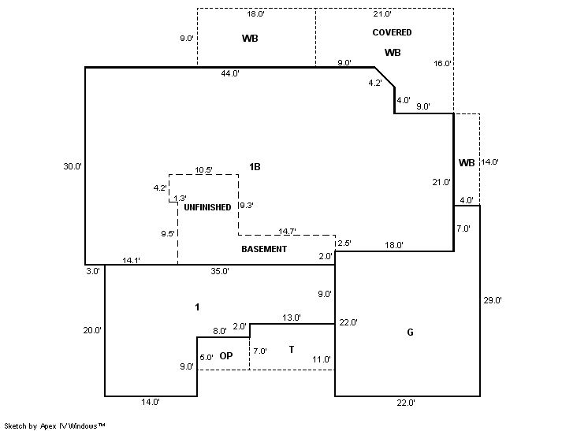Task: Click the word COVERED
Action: [393, 32]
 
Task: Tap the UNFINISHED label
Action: [207, 207]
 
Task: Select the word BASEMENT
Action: [264, 249]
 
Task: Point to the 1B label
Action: [255, 167]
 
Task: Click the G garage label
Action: [410, 333]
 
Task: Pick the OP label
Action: [226, 356]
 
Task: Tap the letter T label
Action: [291, 349]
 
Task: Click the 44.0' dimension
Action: [230, 73]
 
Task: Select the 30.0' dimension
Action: [73, 166]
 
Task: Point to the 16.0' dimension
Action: [442, 64]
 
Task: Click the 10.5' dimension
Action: [203, 169]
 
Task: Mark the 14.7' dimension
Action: [288, 232]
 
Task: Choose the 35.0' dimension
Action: [220, 271]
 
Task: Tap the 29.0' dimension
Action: [493, 300]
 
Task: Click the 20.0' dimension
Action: [92, 331]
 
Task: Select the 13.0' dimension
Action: [291, 318]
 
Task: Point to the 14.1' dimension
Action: [132, 260]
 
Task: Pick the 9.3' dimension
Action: [246, 206]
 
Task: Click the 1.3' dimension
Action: [180, 199]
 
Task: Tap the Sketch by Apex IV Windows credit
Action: [55, 425]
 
